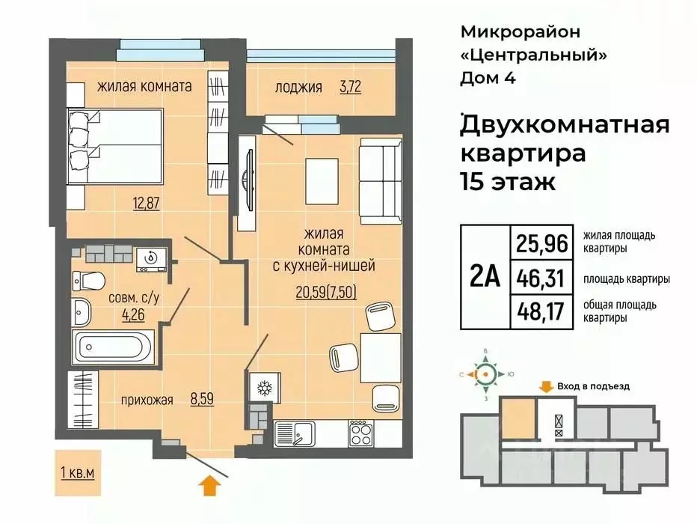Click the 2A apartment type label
[484, 278]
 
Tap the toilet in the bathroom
[88, 281]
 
